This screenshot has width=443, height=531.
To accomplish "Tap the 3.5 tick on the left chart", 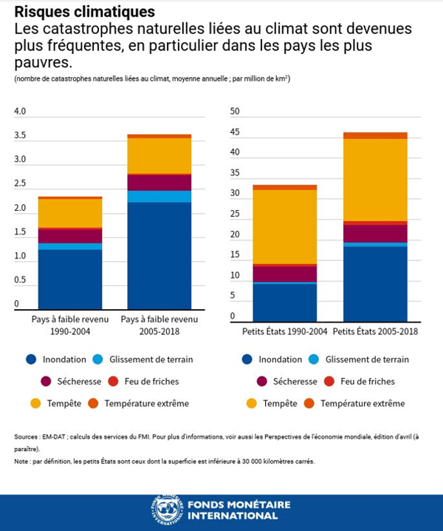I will coord(20,136).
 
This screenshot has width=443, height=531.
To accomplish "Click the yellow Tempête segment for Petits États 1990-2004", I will coord(284,226).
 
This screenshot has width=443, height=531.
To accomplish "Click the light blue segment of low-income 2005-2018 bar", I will coord(160,196).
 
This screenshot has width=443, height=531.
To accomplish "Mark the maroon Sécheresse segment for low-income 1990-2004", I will coord(70,235).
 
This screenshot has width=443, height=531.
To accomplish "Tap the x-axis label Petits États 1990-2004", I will coord(284,331).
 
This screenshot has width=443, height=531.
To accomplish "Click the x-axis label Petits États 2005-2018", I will coord(375,331).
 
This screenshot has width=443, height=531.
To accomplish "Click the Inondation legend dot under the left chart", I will coord(30,359).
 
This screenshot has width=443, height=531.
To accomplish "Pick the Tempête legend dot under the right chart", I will coord(247,403).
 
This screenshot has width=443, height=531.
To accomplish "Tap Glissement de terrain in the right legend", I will coord(366,359).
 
